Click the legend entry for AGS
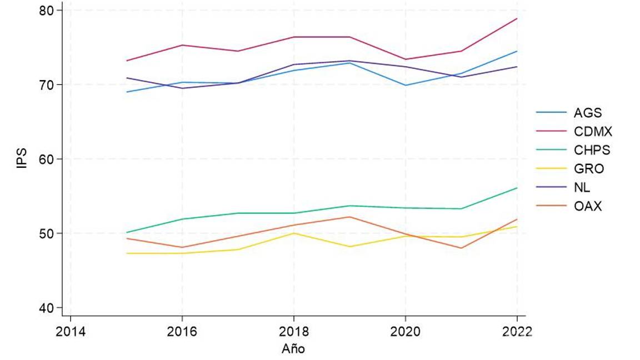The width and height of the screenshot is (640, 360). click(x=587, y=112)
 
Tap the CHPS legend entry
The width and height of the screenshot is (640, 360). click(x=591, y=150)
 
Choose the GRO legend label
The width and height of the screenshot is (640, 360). click(x=588, y=169)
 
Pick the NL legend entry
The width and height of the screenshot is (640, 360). click(x=582, y=188)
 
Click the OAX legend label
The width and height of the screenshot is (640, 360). click(x=588, y=207)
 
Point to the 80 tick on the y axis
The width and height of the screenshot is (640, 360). click(x=47, y=11)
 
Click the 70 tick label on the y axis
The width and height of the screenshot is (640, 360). click(x=47, y=85)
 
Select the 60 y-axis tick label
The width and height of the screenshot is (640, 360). click(x=47, y=159)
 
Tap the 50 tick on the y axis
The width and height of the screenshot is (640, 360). click(x=47, y=233)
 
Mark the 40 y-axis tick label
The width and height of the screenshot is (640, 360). click(x=47, y=308)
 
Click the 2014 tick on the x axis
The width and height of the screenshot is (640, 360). click(x=71, y=332)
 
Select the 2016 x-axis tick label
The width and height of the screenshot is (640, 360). click(x=182, y=332)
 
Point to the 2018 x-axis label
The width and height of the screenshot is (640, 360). click(x=294, y=332)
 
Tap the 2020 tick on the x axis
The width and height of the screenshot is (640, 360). click(x=406, y=332)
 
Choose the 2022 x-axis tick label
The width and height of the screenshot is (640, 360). click(x=517, y=332)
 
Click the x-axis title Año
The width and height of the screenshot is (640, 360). click(x=293, y=349)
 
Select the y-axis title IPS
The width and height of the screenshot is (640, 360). click(x=22, y=158)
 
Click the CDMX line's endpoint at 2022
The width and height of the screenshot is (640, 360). click(x=517, y=18)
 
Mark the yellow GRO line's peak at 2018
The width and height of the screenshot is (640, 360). click(x=294, y=233)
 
